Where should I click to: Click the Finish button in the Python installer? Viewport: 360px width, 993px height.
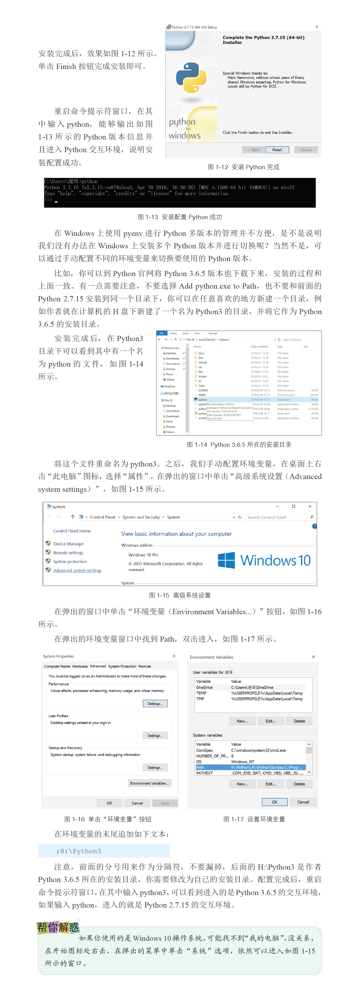pyautogui.click(x=277, y=150)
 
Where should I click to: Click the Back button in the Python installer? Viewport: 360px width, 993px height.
pyautogui.click(x=253, y=150)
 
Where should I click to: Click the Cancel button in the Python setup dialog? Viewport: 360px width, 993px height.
pyautogui.click(x=306, y=150)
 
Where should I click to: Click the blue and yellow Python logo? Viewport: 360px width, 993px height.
pyautogui.click(x=191, y=77)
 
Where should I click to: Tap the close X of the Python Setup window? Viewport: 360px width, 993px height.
pyautogui.click(x=317, y=27)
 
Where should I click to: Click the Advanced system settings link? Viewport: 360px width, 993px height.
pyautogui.click(x=77, y=570)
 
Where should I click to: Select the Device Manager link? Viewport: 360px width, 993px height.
pyautogui.click(x=68, y=544)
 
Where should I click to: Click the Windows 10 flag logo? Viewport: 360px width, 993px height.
pyautogui.click(x=226, y=560)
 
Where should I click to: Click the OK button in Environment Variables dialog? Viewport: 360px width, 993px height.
pyautogui.click(x=274, y=802)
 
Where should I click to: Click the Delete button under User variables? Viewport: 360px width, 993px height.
pyautogui.click(x=299, y=721)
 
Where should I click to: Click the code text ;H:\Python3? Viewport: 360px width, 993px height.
pyautogui.click(x=79, y=851)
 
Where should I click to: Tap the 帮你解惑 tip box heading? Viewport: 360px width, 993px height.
pyautogui.click(x=58, y=927)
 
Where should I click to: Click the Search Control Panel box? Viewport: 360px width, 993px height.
pyautogui.click(x=278, y=517)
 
